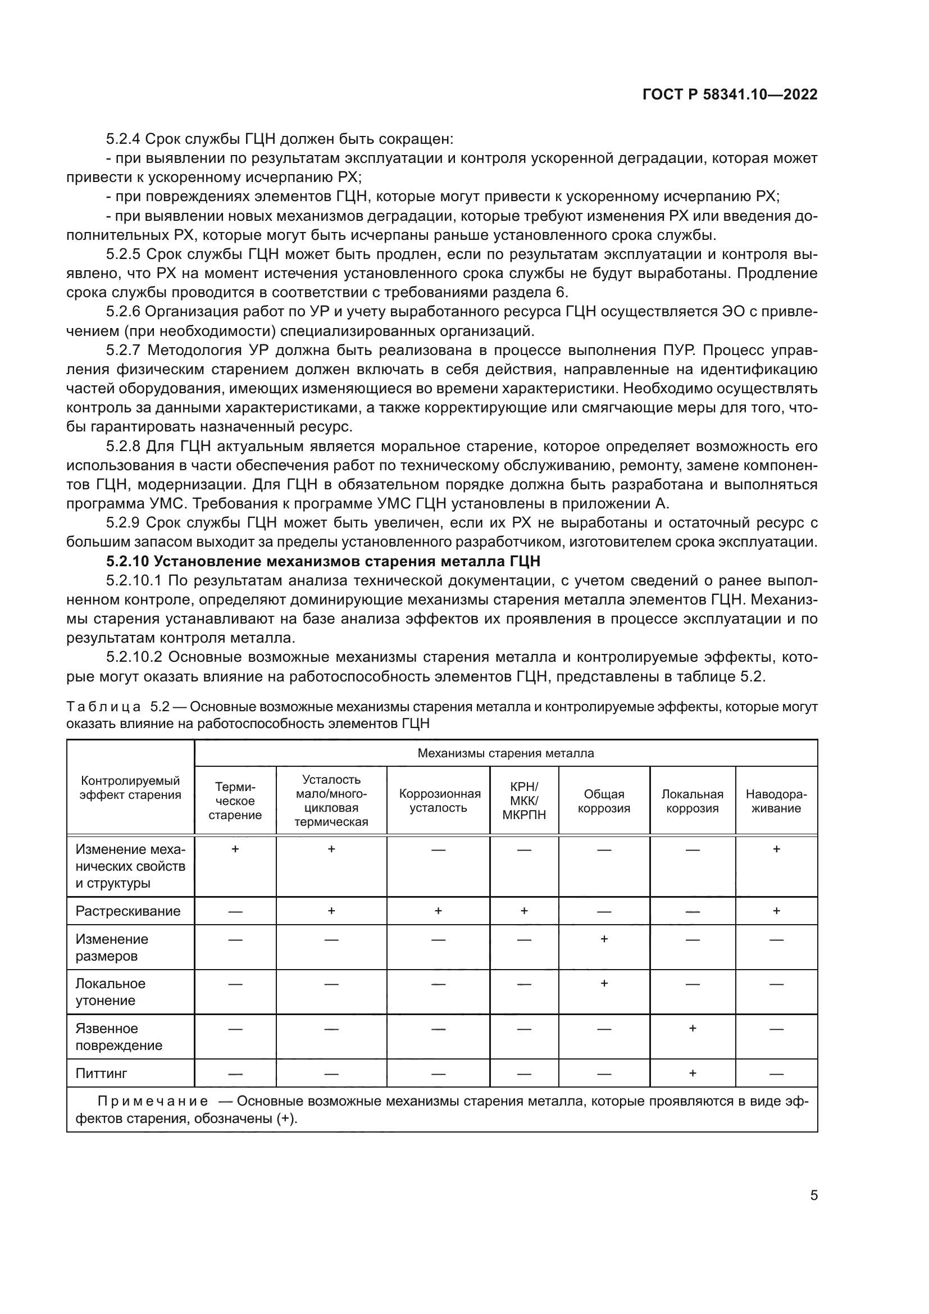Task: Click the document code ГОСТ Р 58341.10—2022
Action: (730, 95)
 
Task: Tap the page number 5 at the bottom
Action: (813, 1195)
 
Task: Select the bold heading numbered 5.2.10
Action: (323, 561)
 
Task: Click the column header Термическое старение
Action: (235, 801)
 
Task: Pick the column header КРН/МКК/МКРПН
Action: (524, 801)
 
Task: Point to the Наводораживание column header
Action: (776, 801)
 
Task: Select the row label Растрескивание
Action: (127, 911)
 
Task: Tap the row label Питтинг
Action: (101, 1073)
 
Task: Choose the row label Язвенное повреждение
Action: (119, 1036)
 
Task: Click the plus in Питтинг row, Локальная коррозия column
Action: (692, 1072)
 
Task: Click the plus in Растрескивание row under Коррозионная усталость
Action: (438, 910)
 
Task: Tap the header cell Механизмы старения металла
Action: (506, 753)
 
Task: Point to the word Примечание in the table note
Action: (153, 1101)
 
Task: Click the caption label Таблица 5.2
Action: (118, 707)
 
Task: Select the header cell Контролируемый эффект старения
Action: (130, 788)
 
